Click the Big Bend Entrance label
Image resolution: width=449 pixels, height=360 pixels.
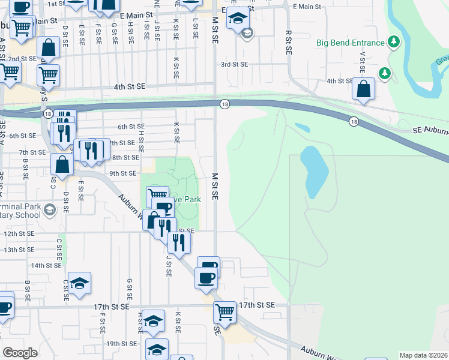pyautogui.click(x=350, y=43)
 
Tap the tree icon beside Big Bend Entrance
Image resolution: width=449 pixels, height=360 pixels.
pyautogui.click(x=394, y=42)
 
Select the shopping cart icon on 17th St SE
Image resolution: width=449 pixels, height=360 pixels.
pyautogui.click(x=224, y=311)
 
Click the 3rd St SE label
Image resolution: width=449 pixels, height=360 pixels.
pyautogui.click(x=235, y=64)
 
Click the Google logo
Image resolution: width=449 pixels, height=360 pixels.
pyautogui.click(x=20, y=352)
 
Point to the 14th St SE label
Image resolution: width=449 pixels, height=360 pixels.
pyautogui.click(x=46, y=265)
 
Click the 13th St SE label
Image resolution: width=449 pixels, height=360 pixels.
pyautogui.click(x=19, y=250)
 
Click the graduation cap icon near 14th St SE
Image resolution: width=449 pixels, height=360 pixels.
pyautogui.click(x=79, y=283)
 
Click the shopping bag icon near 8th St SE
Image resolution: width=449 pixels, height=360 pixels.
pyautogui.click(x=62, y=163)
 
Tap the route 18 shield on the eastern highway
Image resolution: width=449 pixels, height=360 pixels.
pyautogui.click(x=354, y=121)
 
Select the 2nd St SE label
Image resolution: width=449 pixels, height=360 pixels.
pyautogui.click(x=22, y=59)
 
